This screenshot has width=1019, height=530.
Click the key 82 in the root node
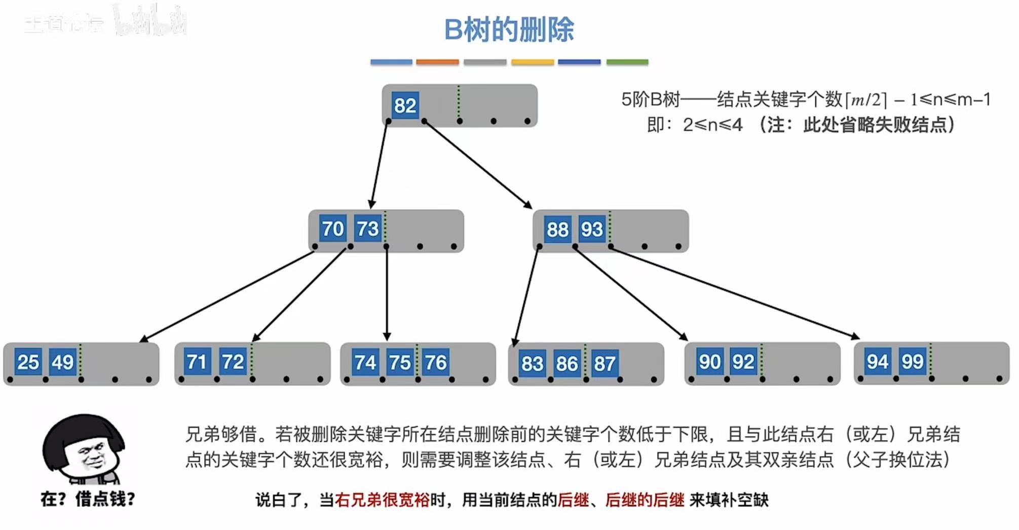pos(405,105)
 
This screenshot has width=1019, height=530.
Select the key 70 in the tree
pos(332,229)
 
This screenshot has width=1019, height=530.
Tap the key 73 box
pos(367,229)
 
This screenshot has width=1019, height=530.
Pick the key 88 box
pos(557,230)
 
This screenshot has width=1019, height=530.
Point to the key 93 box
pos(592,230)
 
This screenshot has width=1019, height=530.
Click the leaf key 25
pos(28,362)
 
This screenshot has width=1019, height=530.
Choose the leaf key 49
pos(62,362)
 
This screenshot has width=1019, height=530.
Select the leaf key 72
pos(233,362)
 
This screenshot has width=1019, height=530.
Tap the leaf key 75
pos(400,362)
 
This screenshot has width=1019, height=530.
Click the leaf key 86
pos(567,363)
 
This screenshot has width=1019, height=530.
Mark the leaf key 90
pos(709,362)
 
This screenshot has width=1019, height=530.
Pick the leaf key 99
pos(912,361)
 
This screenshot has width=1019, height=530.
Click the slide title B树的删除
pos(509,29)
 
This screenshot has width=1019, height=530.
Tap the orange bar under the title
pos(437,62)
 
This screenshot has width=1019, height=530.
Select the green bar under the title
pos(627,62)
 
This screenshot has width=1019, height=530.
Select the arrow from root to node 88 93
pos(477,164)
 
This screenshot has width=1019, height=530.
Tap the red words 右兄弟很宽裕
pos(382,500)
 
